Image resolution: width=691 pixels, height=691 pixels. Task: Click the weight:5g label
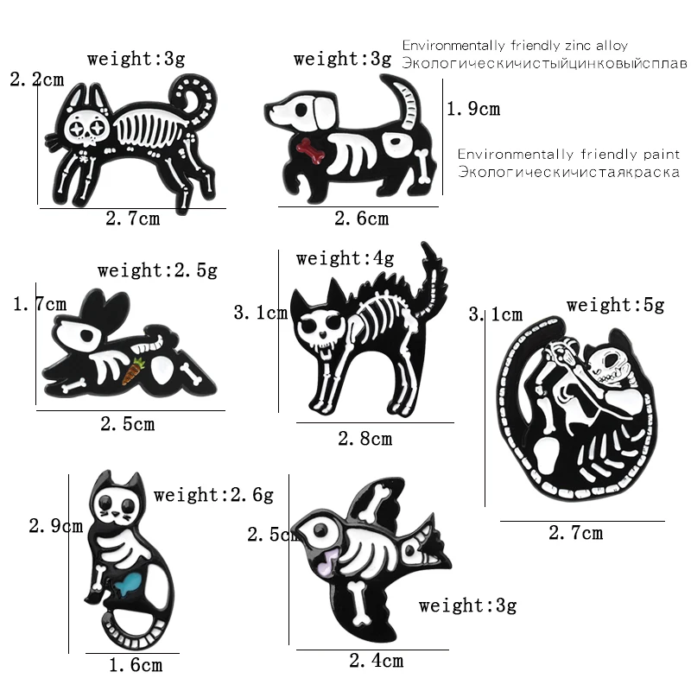click(x=615, y=305)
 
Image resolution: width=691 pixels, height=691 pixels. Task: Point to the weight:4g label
click(x=345, y=258)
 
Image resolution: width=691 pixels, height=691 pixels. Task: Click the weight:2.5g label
click(x=157, y=270)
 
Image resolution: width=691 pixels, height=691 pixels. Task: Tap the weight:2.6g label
click(x=213, y=495)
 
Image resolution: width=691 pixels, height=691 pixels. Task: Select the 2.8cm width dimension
click(x=365, y=439)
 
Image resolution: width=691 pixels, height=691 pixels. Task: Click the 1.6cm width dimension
click(x=136, y=665)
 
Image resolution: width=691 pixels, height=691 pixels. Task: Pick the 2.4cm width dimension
click(x=376, y=662)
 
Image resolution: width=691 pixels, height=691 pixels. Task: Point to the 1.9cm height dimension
click(x=473, y=110)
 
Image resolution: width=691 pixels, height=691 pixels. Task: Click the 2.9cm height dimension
click(x=56, y=525)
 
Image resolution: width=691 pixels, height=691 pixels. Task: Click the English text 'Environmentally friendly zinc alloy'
click(x=515, y=46)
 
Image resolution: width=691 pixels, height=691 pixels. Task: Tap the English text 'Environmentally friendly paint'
click(x=569, y=155)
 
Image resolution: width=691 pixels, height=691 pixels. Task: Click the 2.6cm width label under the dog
click(x=361, y=219)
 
